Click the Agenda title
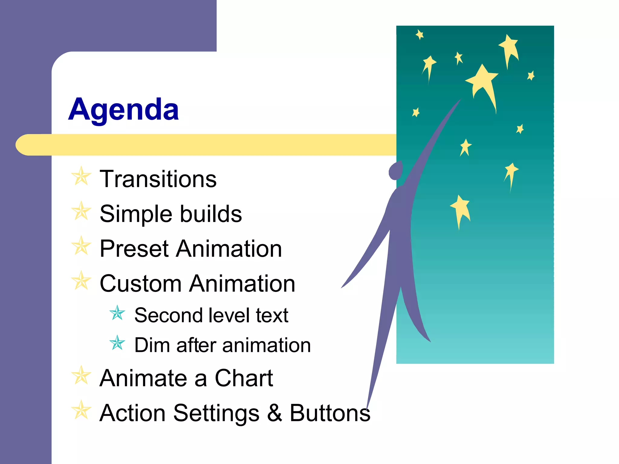tap(123, 109)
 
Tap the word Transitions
tap(158, 179)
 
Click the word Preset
tap(134, 249)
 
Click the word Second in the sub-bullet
tap(168, 315)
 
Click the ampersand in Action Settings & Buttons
tap(274, 413)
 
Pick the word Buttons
tap(330, 413)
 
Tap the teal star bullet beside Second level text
tap(117, 313)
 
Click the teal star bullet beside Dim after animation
tap(117, 343)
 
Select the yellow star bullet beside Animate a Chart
tap(81, 375)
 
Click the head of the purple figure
tap(395, 171)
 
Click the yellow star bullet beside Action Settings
tap(81, 410)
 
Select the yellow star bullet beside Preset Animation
tap(81, 246)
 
